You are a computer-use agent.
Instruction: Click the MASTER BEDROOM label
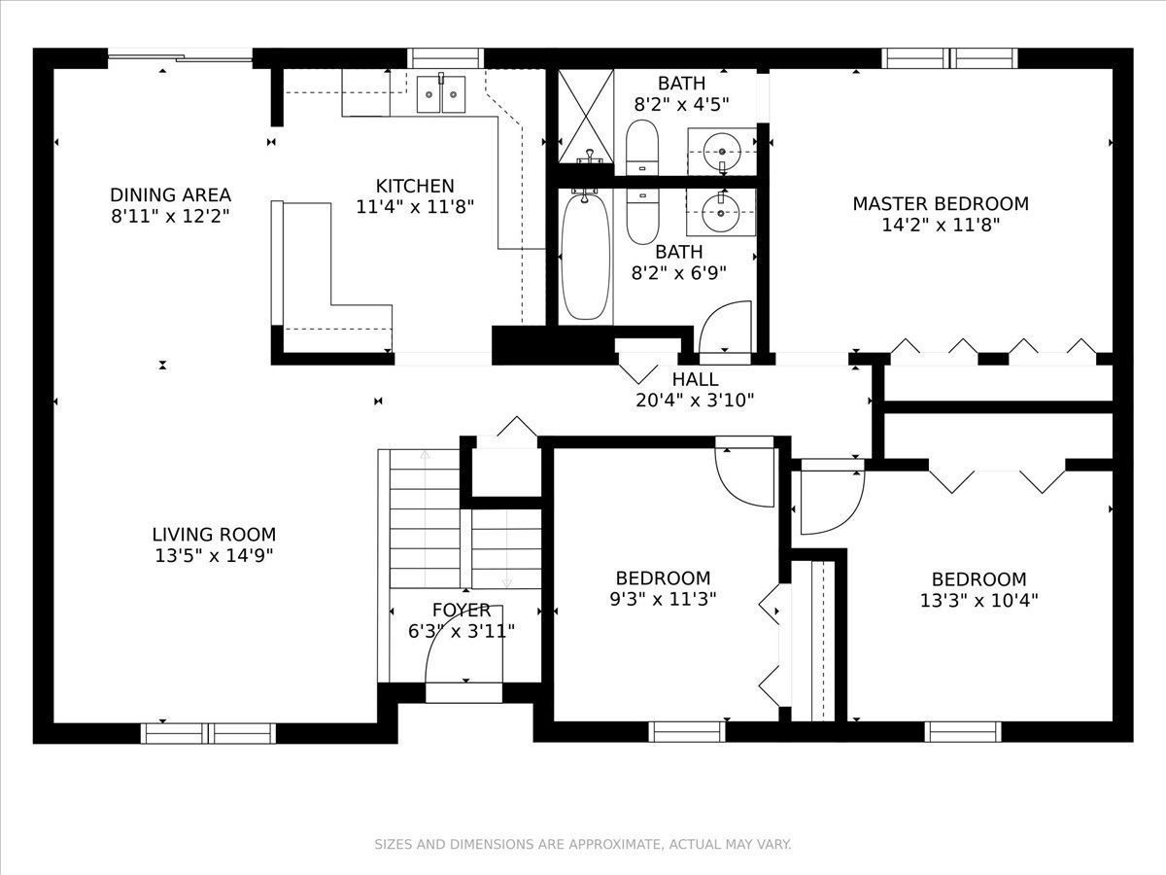tap(941, 204)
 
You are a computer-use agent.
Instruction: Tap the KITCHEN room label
tap(415, 186)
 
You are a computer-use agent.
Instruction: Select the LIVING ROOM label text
tap(214, 534)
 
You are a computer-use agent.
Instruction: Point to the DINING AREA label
tap(170, 195)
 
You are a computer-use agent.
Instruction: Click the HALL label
tap(695, 379)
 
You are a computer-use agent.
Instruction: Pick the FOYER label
tap(462, 610)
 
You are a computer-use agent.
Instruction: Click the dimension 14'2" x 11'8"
tap(941, 226)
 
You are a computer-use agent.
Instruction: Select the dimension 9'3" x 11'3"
tap(663, 599)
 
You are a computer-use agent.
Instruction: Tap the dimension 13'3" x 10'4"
tap(978, 600)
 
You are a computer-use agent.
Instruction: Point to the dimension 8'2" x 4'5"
tap(681, 105)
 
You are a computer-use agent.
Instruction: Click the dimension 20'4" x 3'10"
tap(695, 401)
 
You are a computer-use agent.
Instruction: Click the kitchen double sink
tap(441, 94)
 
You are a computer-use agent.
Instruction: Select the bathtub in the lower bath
tap(585, 257)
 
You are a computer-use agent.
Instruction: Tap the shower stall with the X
tap(586, 116)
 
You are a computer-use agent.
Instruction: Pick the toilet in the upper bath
tap(641, 147)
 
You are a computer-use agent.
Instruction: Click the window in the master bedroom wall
tap(949, 58)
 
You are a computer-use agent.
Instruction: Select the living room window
tap(208, 733)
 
